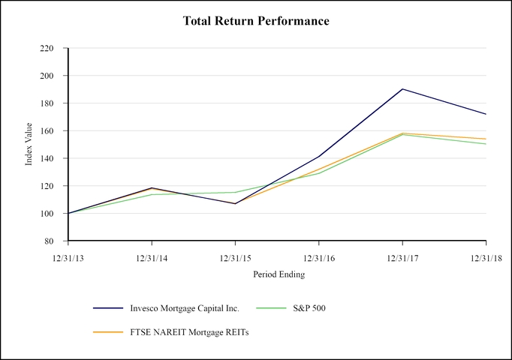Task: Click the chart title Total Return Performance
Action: (x=256, y=21)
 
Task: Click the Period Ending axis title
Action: (x=277, y=274)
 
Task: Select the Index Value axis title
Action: (x=29, y=145)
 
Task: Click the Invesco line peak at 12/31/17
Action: (x=402, y=89)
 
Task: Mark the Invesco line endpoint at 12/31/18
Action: (x=486, y=114)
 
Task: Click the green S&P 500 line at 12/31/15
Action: (x=235, y=192)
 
